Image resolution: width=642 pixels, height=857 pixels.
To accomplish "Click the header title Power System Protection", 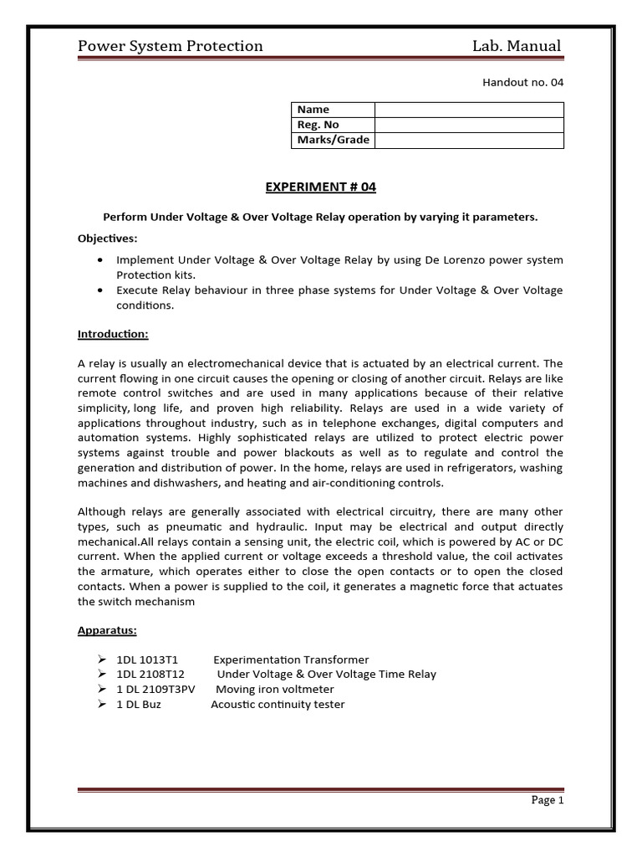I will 170,46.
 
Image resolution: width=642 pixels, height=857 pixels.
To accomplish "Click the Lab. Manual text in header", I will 517,46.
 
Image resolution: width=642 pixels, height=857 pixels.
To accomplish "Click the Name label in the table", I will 313,110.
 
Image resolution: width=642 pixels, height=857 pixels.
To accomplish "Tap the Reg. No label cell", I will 318,125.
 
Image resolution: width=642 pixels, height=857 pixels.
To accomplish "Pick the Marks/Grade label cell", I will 333,140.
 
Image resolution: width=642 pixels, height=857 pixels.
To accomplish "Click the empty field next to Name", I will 468,110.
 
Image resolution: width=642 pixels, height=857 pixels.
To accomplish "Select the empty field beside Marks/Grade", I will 468,140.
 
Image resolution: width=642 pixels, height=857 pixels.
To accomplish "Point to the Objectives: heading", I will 108,238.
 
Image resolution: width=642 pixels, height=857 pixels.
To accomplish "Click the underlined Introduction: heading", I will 113,334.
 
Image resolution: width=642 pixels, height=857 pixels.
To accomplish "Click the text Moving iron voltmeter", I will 275,690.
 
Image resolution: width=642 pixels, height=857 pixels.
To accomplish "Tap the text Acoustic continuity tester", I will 278,705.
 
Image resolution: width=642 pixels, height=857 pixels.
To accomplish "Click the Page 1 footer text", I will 548,800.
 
